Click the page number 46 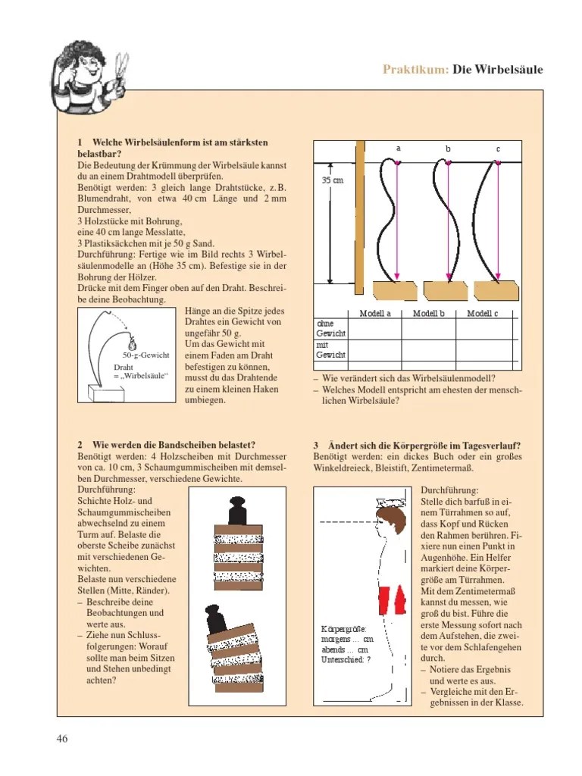coord(62,739)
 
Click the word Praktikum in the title coord(415,70)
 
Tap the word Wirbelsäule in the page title coord(507,70)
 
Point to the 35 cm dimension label coord(332,180)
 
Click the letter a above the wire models coord(398,149)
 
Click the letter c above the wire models coord(499,149)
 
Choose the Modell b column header coord(428,314)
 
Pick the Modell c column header coord(483,314)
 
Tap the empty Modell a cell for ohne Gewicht coord(375,327)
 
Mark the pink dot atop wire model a coord(398,162)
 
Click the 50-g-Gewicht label coord(145,355)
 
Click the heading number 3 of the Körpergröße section coord(315,445)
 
